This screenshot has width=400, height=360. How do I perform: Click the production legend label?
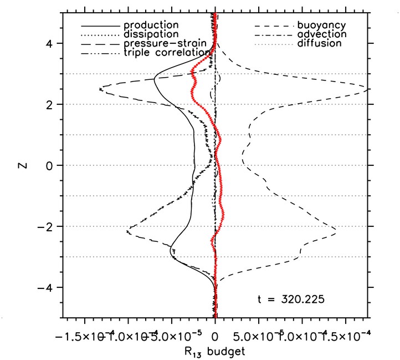coord(151,26)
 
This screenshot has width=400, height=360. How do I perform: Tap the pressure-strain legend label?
coord(166,43)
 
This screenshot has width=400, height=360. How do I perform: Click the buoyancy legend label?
coord(322,26)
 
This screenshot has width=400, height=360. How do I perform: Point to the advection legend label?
coord(322,34)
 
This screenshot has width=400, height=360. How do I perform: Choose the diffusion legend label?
coord(320,43)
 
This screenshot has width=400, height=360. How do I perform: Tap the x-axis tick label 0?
coord(215,337)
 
